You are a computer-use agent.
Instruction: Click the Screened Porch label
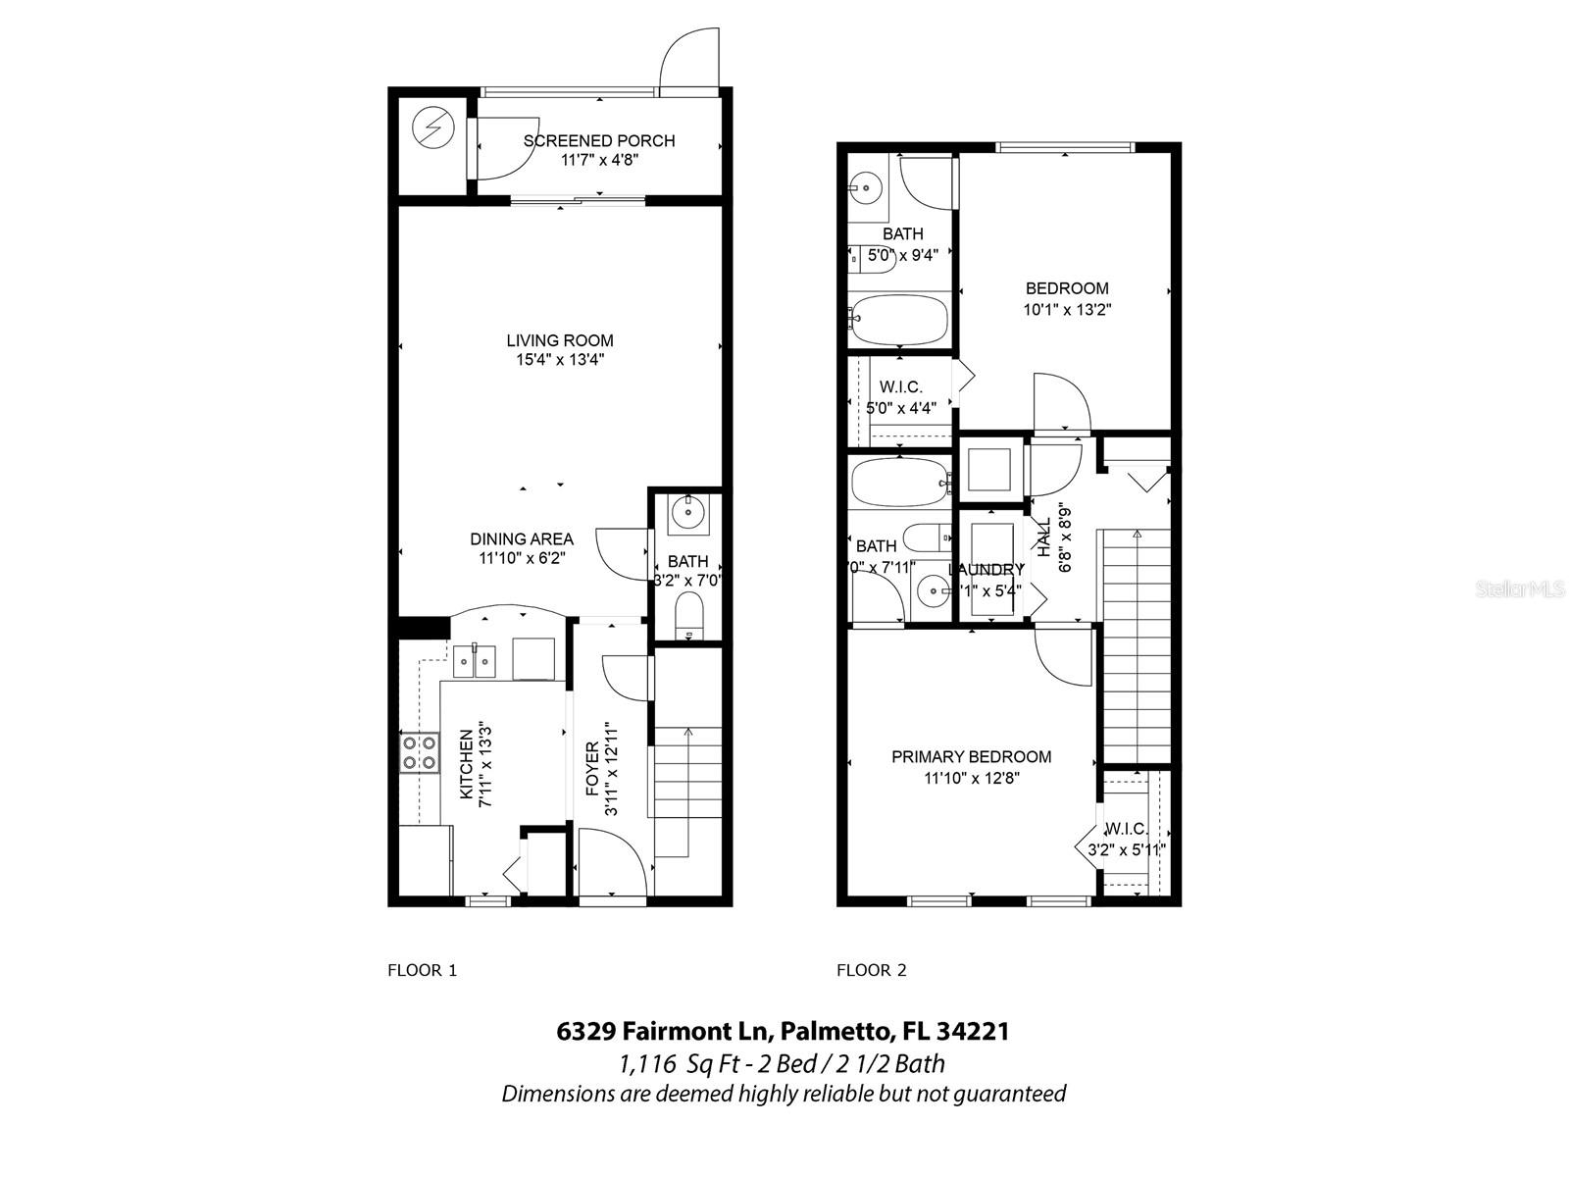point(598,141)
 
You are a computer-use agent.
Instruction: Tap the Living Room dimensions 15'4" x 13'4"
point(559,360)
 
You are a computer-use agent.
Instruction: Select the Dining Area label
point(521,539)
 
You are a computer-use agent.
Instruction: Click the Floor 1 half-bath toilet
point(690,615)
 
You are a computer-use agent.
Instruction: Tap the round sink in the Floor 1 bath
point(688,511)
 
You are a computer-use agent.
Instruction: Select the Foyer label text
point(592,769)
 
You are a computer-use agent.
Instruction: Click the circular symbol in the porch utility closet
point(431,127)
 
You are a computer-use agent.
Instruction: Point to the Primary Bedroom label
point(971,757)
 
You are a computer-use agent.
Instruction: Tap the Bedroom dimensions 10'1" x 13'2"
point(1067,309)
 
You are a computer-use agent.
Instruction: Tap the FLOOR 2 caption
point(871,971)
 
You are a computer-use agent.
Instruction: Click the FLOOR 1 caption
point(422,971)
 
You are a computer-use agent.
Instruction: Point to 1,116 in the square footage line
point(647,1063)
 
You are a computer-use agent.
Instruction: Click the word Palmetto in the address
point(835,1032)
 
